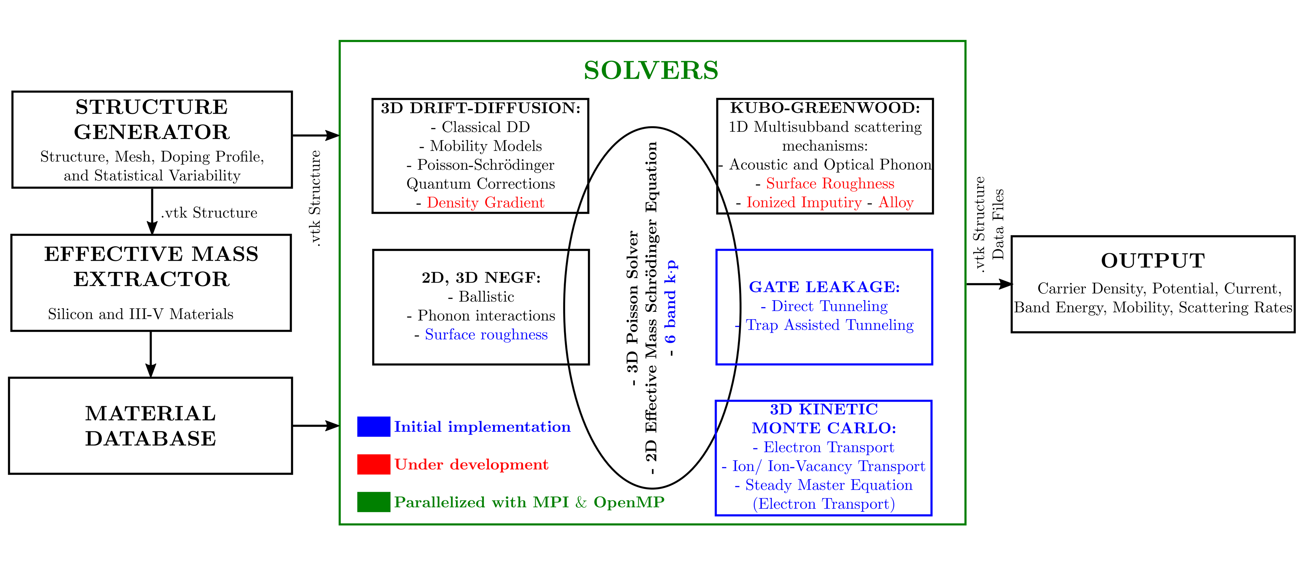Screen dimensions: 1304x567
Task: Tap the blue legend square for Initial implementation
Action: pyautogui.click(x=374, y=427)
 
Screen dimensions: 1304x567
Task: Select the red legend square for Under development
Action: pyautogui.click(x=374, y=464)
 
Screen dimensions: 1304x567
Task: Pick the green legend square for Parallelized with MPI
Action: pyautogui.click(x=374, y=502)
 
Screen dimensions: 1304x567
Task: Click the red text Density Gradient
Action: pyautogui.click(x=485, y=203)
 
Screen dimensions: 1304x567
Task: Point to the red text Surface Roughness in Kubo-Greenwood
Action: pyautogui.click(x=830, y=183)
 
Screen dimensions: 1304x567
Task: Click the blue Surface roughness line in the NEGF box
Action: pyautogui.click(x=486, y=334)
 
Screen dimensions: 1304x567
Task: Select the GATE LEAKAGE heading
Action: pyautogui.click(x=825, y=287)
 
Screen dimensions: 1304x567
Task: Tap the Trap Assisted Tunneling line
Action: pyautogui.click(x=830, y=325)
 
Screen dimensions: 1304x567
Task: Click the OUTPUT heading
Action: pyautogui.click(x=1153, y=260)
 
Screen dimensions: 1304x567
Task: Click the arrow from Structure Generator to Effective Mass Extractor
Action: pyautogui.click(x=152, y=211)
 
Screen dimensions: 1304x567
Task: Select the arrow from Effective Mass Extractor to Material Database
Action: pyautogui.click(x=151, y=354)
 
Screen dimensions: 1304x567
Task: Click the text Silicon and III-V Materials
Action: pyautogui.click(x=141, y=314)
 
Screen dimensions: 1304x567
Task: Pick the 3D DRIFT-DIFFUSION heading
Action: pyautogui.click(x=480, y=108)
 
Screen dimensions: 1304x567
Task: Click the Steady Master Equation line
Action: pyautogui.click(x=824, y=485)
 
